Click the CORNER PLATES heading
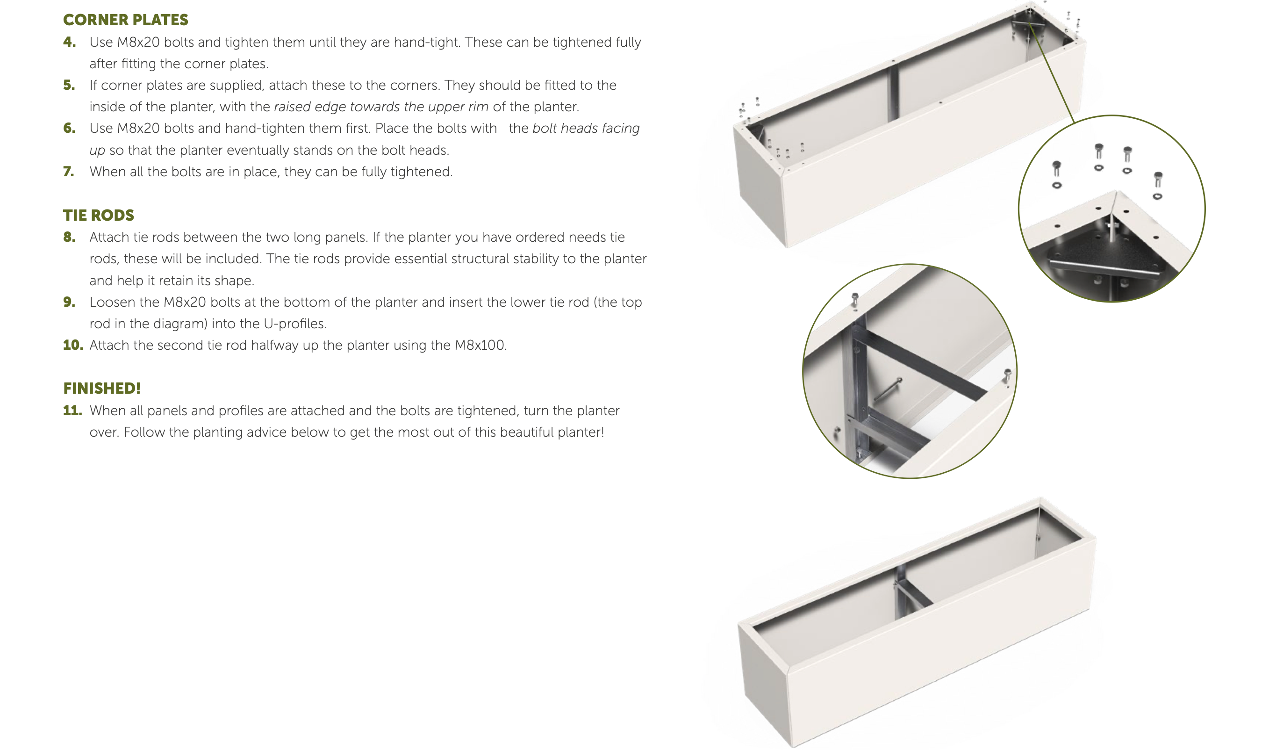pyautogui.click(x=125, y=20)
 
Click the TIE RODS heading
pyautogui.click(x=99, y=215)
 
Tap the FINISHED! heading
pyautogui.click(x=102, y=388)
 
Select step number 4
pyautogui.click(x=69, y=42)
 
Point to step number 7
pyautogui.click(x=69, y=172)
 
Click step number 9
pyautogui.click(x=69, y=302)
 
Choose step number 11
pyautogui.click(x=72, y=410)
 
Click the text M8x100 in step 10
pyautogui.click(x=480, y=345)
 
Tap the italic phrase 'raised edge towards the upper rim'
pyautogui.click(x=381, y=107)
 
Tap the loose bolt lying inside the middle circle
pyautogui.click(x=888, y=389)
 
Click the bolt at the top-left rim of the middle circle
pyautogui.click(x=855, y=300)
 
